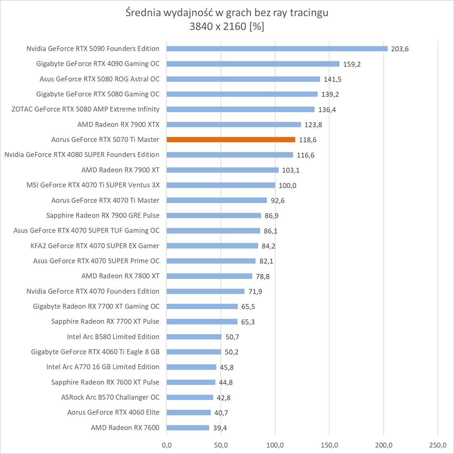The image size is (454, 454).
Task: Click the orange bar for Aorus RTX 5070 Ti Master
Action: (x=230, y=140)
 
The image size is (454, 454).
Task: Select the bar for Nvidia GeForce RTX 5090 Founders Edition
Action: (x=277, y=49)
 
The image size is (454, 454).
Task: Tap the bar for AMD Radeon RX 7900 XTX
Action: (x=234, y=125)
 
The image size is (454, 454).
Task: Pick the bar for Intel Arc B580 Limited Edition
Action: (x=194, y=337)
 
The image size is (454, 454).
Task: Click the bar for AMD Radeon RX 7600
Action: (x=188, y=428)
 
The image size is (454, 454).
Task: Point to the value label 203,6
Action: (x=400, y=49)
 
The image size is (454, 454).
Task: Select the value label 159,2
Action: (x=352, y=64)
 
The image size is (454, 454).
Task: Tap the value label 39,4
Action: (x=220, y=428)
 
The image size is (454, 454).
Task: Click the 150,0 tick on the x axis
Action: (x=329, y=446)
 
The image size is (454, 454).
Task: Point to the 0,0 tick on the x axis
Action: (x=166, y=446)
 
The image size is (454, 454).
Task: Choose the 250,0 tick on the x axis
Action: (x=438, y=446)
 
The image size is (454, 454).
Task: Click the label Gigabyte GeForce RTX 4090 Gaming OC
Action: (x=98, y=64)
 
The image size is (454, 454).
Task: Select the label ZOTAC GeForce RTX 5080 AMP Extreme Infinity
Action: (x=86, y=109)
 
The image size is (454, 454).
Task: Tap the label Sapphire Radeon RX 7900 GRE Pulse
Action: (x=103, y=215)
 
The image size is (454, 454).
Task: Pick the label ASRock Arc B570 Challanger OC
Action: (x=110, y=398)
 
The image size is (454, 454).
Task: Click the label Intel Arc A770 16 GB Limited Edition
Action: (x=103, y=367)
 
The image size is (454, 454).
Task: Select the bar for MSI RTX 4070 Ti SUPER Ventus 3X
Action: (x=221, y=185)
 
